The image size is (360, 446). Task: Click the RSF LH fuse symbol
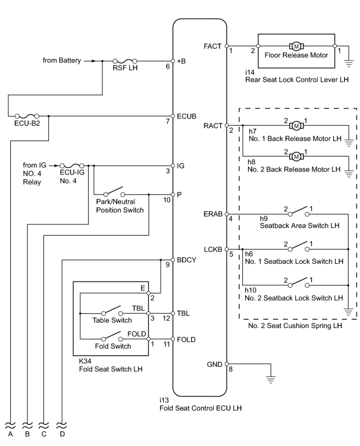[x=125, y=61]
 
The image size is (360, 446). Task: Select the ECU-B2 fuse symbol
[x=27, y=116]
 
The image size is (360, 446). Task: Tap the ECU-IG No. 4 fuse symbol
[x=72, y=166]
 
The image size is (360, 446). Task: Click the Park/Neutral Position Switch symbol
[x=114, y=191]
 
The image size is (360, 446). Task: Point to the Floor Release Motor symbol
[x=296, y=46]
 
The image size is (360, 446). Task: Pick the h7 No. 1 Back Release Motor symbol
[x=296, y=126]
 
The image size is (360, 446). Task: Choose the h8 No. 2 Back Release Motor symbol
[x=296, y=156]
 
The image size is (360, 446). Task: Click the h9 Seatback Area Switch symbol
[x=299, y=211]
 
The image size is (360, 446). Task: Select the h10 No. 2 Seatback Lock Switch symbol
[x=299, y=282]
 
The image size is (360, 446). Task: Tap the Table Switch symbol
[x=112, y=311]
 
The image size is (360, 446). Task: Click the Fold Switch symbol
[x=112, y=336]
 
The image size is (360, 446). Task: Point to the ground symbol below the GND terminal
[x=271, y=379]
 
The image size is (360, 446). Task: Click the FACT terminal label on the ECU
[x=212, y=46]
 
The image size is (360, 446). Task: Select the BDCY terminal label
[x=186, y=260]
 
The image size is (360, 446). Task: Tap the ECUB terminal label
[x=186, y=116]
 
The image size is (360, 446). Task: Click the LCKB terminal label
[x=213, y=249]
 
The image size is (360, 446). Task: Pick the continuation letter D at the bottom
[x=62, y=434]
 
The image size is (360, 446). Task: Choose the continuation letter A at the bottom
[x=11, y=434]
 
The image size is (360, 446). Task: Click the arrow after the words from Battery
[x=89, y=61]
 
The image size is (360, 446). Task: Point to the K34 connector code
[x=85, y=361]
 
